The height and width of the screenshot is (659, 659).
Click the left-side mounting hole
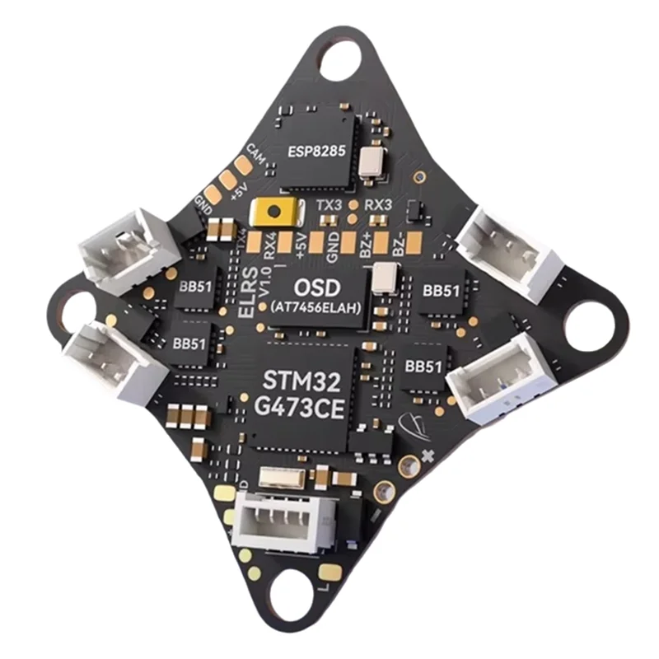[73, 308]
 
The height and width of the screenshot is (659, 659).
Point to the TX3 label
[330, 203]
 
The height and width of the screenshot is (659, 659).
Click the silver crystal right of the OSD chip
[384, 278]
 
